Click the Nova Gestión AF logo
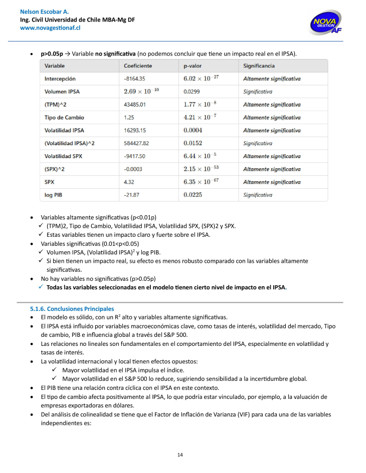tap(326, 23)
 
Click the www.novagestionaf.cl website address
tap(50, 28)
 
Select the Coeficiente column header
tap(138, 66)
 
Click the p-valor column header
tap(193, 66)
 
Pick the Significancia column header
tap(259, 66)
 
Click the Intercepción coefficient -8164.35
tap(135, 79)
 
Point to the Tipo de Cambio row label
tap(64, 118)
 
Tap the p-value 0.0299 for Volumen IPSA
tap(192, 92)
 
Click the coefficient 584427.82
tap(136, 143)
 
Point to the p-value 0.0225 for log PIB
tap(193, 195)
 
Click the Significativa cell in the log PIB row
tap(258, 195)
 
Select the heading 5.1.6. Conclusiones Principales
tap(72, 309)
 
